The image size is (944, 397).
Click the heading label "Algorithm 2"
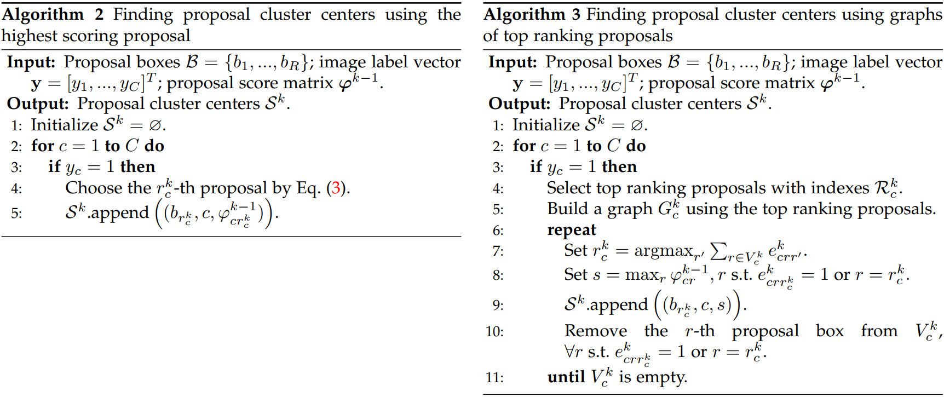click(53, 14)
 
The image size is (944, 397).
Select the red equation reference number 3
click(336, 188)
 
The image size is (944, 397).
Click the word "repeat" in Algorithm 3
click(572, 231)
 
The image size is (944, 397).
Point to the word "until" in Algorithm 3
click(566, 377)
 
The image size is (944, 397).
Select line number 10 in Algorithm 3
click(494, 331)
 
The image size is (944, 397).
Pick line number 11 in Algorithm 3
click(494, 377)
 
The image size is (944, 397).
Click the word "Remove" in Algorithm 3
click(596, 331)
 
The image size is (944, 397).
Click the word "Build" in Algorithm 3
click(567, 209)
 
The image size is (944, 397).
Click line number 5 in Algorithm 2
click(16, 213)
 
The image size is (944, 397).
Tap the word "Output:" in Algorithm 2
click(38, 103)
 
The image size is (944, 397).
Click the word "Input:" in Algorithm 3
click(513, 62)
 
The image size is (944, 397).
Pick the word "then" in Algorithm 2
click(137, 166)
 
